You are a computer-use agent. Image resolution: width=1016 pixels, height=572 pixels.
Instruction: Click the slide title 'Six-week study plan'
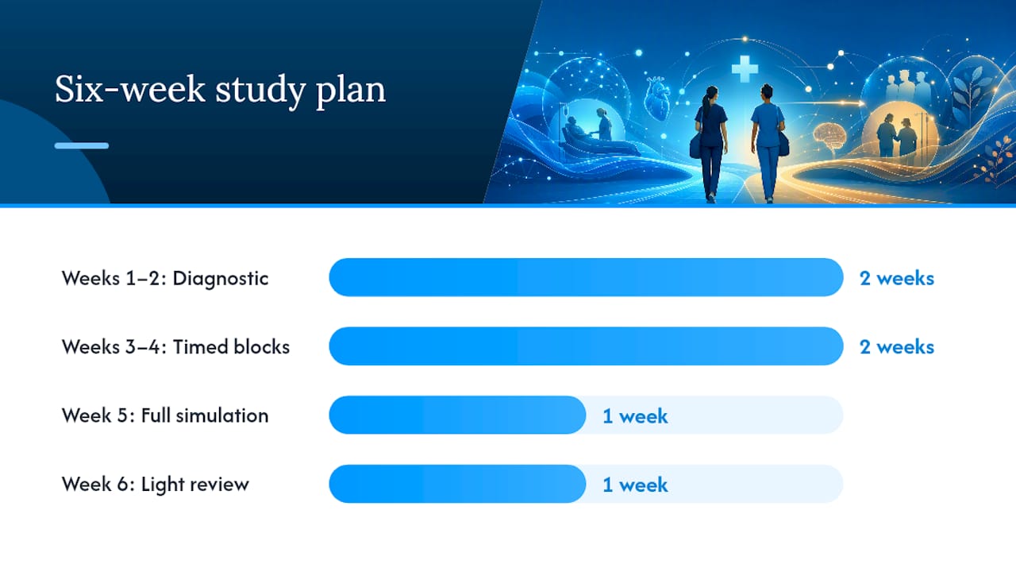[220, 91]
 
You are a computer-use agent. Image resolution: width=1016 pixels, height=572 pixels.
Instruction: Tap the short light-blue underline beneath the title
[82, 145]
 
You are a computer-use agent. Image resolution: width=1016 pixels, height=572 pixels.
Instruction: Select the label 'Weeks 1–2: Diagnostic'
[165, 278]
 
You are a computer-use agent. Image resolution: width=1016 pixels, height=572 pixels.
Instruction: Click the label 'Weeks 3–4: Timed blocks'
[175, 347]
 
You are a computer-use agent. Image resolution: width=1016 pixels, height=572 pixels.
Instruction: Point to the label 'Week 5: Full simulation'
[165, 415]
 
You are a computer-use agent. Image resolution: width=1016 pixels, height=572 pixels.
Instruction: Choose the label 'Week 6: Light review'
[155, 485]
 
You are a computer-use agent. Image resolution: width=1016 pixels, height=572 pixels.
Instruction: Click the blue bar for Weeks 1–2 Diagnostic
[586, 277]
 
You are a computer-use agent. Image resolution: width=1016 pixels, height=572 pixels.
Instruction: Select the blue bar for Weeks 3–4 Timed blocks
[586, 346]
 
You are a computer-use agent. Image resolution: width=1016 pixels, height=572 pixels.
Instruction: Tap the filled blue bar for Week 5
[457, 415]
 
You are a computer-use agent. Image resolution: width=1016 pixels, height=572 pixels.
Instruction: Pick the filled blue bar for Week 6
[457, 484]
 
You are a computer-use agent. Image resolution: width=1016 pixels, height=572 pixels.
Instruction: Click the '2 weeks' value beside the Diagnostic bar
[897, 278]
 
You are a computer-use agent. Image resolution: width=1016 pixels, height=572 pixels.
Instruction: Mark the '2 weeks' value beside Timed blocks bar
[897, 347]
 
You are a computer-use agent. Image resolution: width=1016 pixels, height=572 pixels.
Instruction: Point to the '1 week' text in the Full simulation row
[635, 415]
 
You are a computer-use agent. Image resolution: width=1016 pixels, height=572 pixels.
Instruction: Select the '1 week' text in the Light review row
[635, 485]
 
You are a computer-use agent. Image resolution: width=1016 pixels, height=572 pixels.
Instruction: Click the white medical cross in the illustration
[745, 69]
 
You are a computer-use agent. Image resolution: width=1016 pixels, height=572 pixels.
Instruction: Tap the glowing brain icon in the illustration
[830, 138]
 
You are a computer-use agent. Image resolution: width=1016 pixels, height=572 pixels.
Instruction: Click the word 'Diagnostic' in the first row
[221, 278]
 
